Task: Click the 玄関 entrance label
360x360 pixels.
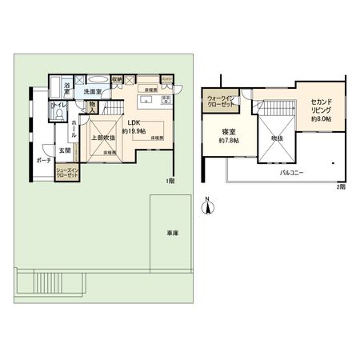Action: (x=63, y=150)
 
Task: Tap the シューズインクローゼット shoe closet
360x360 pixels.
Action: (x=67, y=170)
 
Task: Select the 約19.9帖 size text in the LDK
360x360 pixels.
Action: (x=133, y=130)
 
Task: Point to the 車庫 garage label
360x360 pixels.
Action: (x=172, y=233)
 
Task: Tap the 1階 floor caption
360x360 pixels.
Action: (x=170, y=182)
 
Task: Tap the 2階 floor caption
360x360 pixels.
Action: (x=341, y=186)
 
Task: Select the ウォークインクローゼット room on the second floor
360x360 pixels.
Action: (x=218, y=102)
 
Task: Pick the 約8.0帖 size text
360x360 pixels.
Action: (x=322, y=119)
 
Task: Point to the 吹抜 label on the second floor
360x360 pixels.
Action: (x=277, y=138)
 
